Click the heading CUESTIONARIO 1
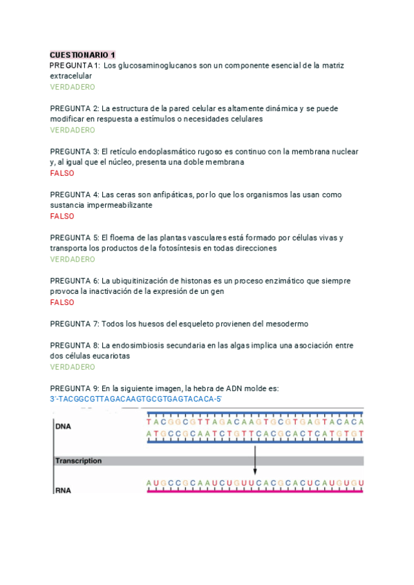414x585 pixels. click(x=83, y=54)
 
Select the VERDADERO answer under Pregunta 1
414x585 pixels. click(x=73, y=87)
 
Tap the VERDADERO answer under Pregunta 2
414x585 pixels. click(x=73, y=130)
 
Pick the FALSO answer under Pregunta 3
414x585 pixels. click(x=62, y=173)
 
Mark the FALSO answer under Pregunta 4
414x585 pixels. click(x=62, y=216)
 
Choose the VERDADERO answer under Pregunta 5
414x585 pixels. click(x=73, y=259)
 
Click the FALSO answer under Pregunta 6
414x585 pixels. click(x=62, y=302)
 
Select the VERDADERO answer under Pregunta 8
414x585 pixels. click(x=73, y=367)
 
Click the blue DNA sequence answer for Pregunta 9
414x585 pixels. click(x=135, y=399)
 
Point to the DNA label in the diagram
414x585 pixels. click(x=63, y=426)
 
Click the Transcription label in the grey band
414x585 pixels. click(x=78, y=461)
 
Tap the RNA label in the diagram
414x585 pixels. click(x=64, y=491)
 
